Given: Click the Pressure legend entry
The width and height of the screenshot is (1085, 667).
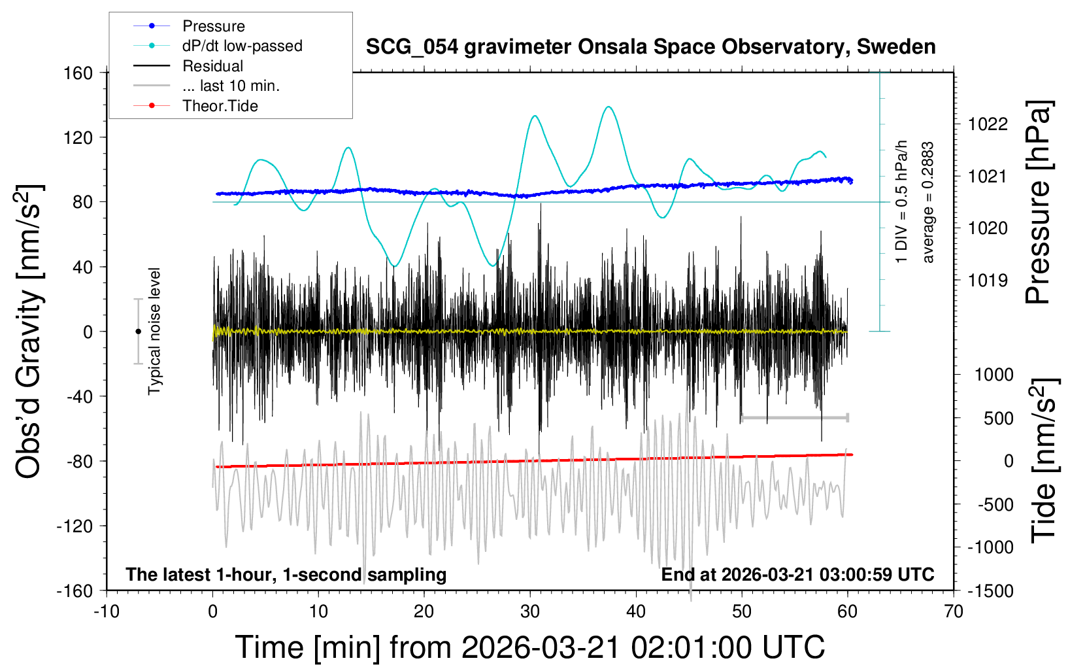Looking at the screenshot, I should coord(213,26).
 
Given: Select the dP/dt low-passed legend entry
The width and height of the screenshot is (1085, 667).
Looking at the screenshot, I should coord(242,46).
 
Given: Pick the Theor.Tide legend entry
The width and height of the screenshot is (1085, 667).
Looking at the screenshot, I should coord(220,106).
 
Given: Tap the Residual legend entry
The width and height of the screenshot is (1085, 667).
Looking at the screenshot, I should coord(212,66).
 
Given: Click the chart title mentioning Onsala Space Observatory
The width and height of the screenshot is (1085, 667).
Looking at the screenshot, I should coord(650,47).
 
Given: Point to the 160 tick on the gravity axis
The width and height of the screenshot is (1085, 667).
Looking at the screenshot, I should coord(78,73).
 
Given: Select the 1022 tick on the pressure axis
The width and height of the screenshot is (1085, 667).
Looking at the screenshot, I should coord(988,124).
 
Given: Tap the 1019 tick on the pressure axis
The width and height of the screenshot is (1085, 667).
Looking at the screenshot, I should coord(988,281).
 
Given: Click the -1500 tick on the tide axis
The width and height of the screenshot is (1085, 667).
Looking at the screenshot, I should coord(990,591).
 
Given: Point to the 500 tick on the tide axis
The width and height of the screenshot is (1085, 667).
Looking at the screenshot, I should coord(998,419).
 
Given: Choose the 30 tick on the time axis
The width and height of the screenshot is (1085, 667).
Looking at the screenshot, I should coord(530,612).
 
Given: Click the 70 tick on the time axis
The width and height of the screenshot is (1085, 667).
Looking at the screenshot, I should coord(954,612).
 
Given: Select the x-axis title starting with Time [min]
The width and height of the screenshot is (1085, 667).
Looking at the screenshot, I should coord(529,647).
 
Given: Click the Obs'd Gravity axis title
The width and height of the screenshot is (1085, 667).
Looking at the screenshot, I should coord(29,331).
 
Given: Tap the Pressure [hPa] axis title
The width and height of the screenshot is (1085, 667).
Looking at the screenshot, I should coord(1038,203).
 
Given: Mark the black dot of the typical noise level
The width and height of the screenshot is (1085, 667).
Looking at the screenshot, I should coord(138,332).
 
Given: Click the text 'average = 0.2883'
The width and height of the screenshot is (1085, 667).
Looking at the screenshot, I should coord(928,203).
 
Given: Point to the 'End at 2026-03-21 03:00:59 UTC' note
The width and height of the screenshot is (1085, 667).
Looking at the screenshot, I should coord(797,575).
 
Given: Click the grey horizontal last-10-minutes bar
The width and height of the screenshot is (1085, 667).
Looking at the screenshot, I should coord(794,418).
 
